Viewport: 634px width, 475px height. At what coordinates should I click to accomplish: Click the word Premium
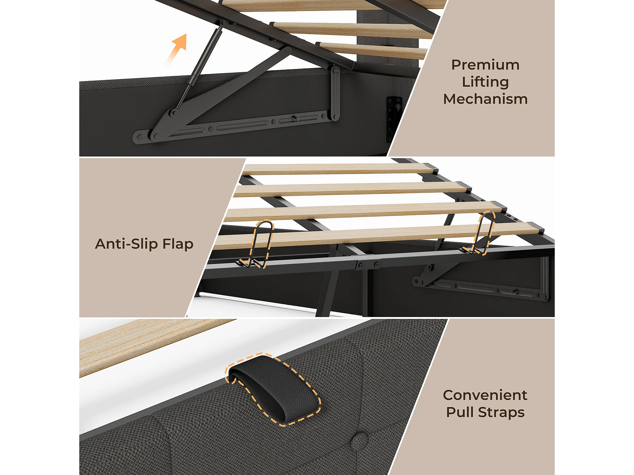coord(485,65)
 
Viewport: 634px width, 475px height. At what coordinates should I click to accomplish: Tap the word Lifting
coord(485,82)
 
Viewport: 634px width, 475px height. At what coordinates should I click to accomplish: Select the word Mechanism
coord(485,99)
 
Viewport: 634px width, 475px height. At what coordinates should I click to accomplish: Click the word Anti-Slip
coord(126,244)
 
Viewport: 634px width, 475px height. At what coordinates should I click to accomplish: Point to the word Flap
coord(178,244)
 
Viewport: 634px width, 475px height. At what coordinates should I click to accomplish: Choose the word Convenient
coord(485,395)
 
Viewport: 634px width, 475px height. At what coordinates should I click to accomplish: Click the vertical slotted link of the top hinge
coord(335,93)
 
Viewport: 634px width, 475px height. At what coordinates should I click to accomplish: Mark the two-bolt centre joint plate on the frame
coord(368,265)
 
